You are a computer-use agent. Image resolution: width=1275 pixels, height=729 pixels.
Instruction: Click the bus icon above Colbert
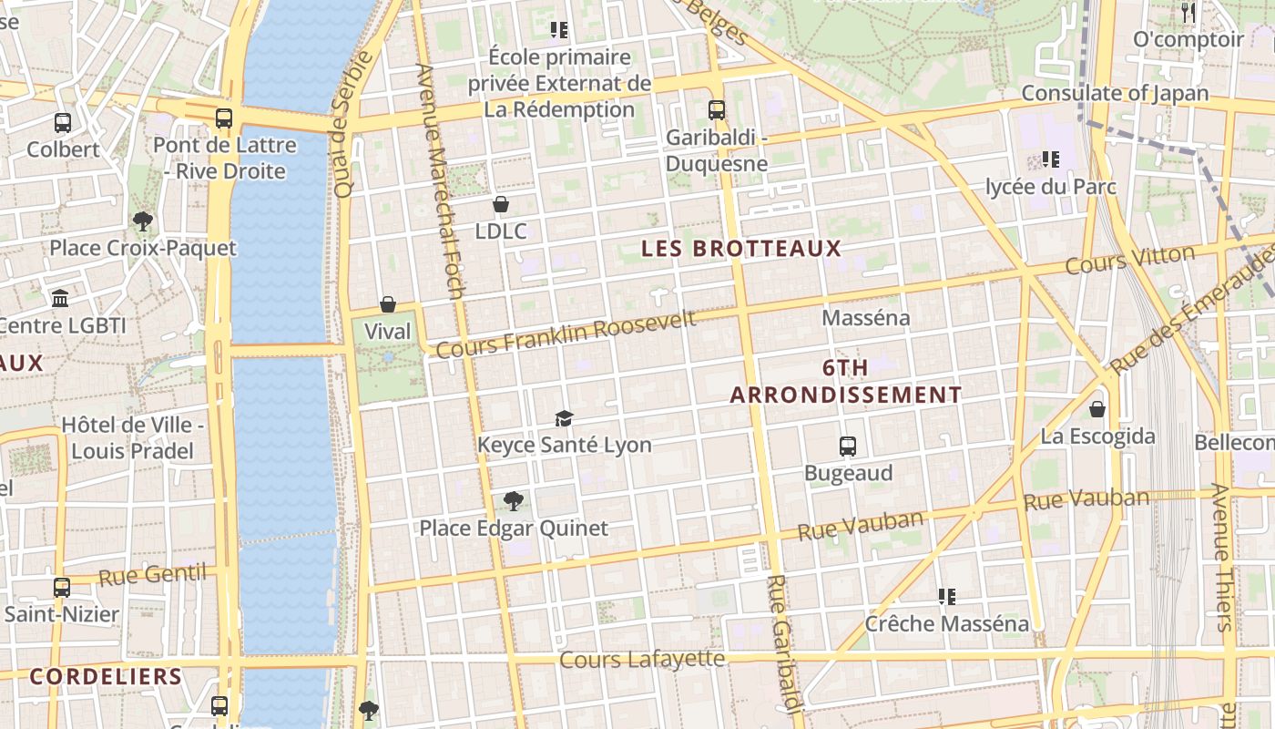tap(63, 122)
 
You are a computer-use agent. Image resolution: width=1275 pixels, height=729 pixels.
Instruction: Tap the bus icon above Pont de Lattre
tap(224, 118)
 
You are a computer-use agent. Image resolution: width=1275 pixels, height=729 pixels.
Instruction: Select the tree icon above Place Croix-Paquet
tap(142, 221)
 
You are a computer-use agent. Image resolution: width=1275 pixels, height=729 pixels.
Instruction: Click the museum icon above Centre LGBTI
tap(60, 298)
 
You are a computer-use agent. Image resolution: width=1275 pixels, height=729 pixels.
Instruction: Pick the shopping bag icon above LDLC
tap(500, 204)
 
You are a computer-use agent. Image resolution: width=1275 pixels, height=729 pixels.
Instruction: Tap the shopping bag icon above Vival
tap(388, 304)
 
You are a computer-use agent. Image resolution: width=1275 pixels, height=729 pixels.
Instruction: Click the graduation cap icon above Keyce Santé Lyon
tap(565, 418)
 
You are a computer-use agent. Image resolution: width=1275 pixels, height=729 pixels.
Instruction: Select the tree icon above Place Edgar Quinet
tap(514, 500)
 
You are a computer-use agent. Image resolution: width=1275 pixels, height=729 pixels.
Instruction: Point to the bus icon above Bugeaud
tap(848, 447)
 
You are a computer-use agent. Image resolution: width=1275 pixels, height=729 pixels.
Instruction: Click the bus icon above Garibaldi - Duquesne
tap(717, 110)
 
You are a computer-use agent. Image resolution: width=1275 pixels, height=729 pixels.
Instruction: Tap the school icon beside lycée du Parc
tap(1051, 159)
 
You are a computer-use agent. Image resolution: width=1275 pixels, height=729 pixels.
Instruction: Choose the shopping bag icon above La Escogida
tap(1097, 408)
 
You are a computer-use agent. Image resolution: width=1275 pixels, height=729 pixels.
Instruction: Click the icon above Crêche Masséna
tap(947, 597)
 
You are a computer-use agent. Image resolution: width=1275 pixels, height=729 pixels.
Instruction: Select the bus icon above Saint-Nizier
tap(62, 588)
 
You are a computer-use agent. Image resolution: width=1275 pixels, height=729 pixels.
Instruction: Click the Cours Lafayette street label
tap(643, 659)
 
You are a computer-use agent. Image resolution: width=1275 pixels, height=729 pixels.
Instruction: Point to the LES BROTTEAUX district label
tap(741, 249)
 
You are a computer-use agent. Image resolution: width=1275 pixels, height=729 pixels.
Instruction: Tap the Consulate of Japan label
tap(1115, 93)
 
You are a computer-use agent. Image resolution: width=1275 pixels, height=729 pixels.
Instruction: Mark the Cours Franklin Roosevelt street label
tap(566, 334)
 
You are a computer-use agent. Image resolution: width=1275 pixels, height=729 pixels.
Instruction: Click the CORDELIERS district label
tap(106, 676)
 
